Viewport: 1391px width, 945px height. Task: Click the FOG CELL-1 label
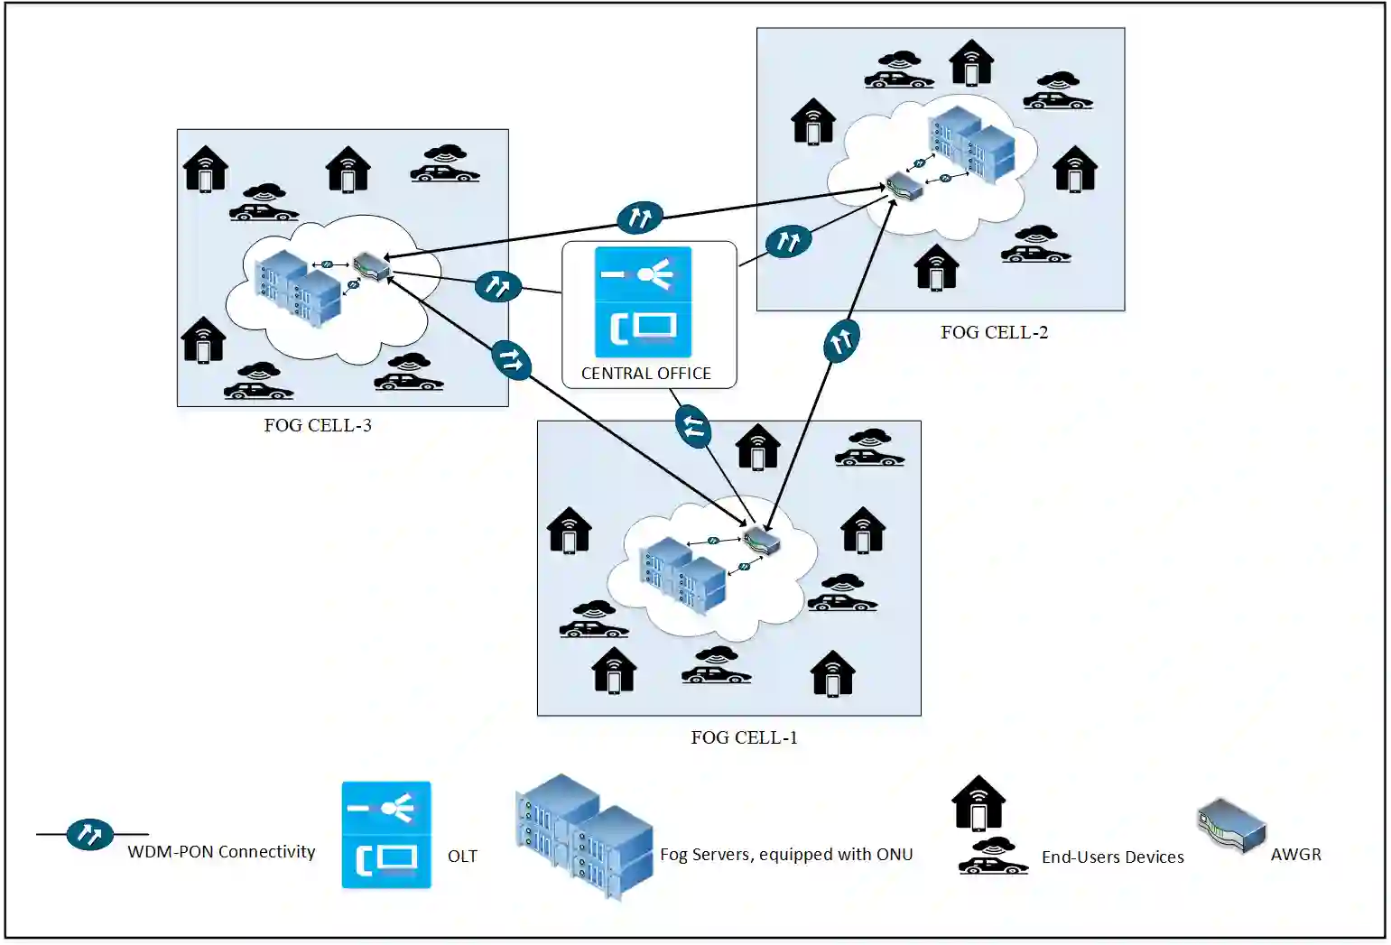click(x=744, y=737)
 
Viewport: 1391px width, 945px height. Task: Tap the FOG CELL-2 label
click(x=994, y=332)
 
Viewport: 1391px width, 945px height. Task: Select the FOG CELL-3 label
click(x=318, y=425)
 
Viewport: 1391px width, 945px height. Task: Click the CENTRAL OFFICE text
click(x=645, y=373)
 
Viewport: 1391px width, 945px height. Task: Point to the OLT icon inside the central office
click(x=644, y=301)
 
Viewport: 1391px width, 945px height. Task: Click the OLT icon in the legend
click(x=386, y=835)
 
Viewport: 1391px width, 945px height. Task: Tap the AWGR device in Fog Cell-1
click(x=761, y=540)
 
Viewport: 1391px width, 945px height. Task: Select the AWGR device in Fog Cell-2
click(x=904, y=186)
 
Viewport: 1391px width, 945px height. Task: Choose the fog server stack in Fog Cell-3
click(x=298, y=288)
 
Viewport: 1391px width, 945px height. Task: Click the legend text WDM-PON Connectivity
click(x=221, y=851)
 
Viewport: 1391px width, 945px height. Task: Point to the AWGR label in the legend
click(x=1296, y=855)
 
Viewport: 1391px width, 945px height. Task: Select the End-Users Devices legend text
click(x=1113, y=857)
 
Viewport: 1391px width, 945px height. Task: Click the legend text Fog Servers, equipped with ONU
click(x=786, y=855)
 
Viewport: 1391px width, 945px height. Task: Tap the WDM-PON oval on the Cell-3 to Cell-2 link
click(x=640, y=218)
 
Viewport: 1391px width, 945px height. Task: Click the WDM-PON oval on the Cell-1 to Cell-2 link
click(x=841, y=340)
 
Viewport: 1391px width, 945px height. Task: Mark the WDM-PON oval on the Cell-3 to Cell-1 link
click(x=511, y=359)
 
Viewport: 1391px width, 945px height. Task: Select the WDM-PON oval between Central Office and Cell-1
click(x=693, y=426)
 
